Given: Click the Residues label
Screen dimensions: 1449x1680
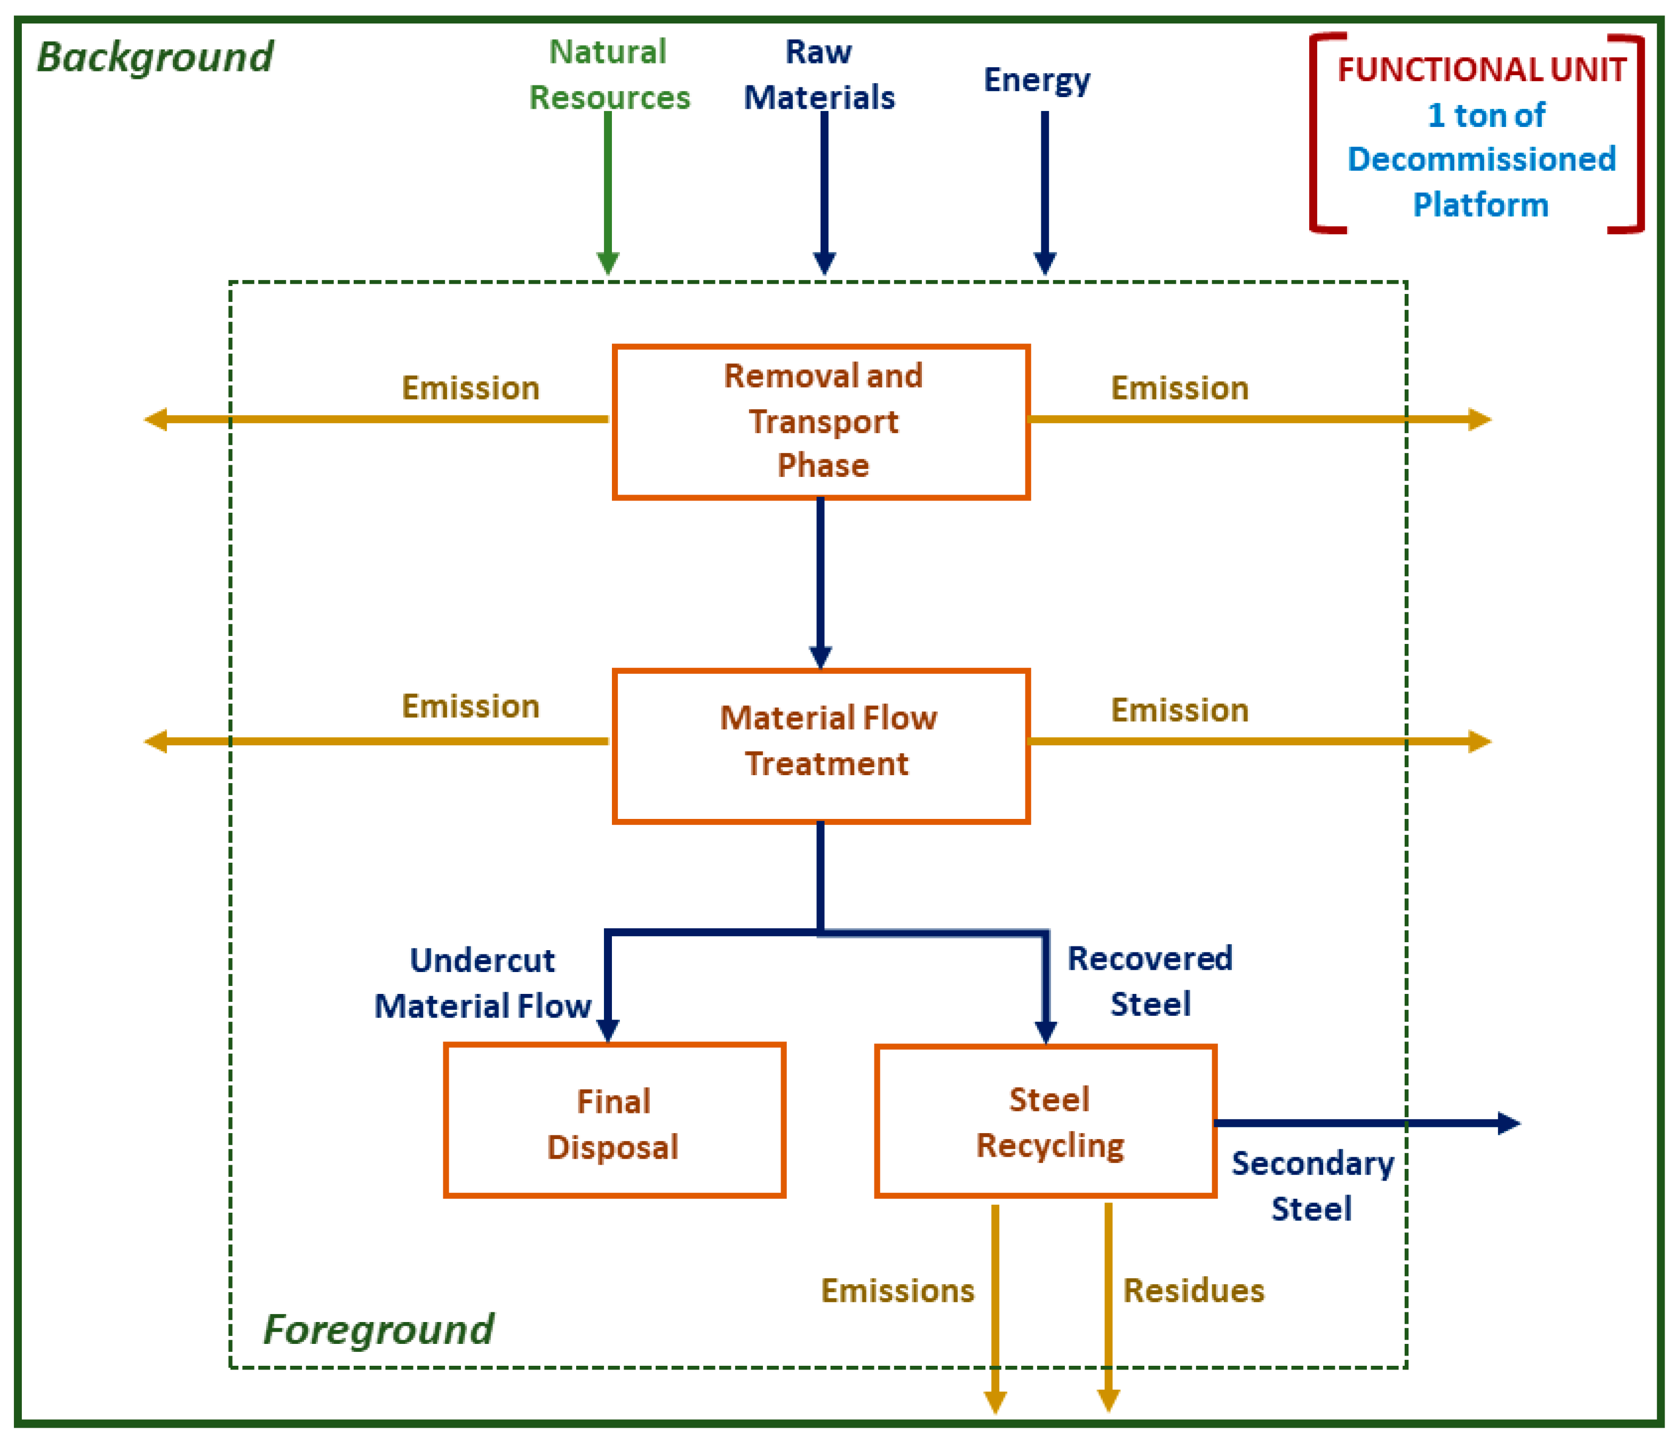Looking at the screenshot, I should (1193, 1290).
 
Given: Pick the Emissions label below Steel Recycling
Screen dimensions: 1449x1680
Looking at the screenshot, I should (897, 1290).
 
